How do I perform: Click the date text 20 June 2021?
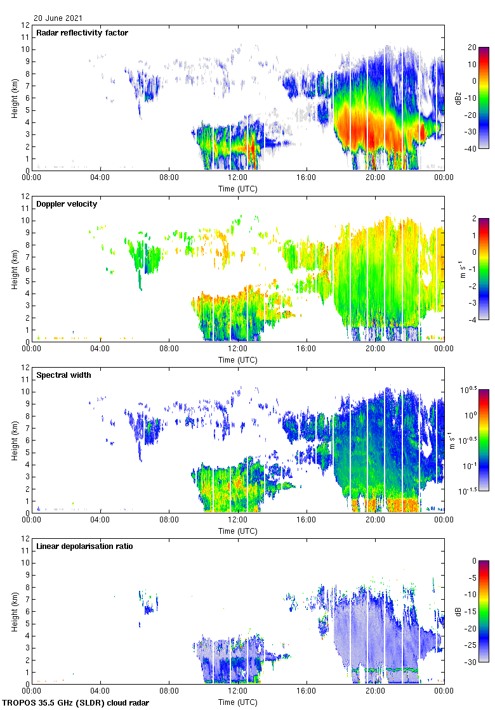pyautogui.click(x=58, y=18)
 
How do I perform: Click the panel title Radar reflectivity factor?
pyautogui.click(x=82, y=33)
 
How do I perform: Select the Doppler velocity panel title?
pyautogui.click(x=67, y=204)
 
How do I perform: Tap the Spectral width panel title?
pyautogui.click(x=63, y=375)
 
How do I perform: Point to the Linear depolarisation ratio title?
pyautogui.click(x=84, y=546)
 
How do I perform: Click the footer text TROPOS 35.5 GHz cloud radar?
pyautogui.click(x=76, y=703)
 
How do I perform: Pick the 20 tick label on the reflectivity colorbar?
pyautogui.click(x=473, y=48)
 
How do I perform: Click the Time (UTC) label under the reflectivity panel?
pyautogui.click(x=238, y=189)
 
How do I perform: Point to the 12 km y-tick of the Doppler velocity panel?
pyautogui.click(x=26, y=196)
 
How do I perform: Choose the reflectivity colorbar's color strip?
pyautogui.click(x=484, y=98)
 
